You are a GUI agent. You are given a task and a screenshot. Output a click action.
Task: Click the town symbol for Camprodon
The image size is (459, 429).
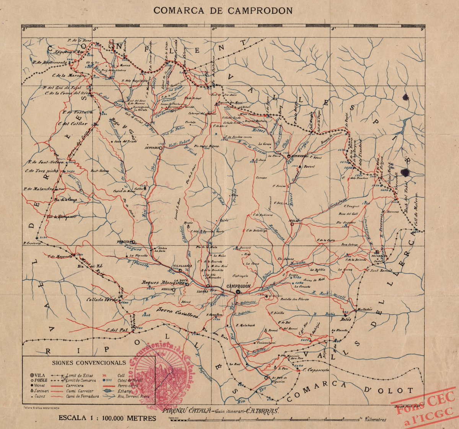point(238,292)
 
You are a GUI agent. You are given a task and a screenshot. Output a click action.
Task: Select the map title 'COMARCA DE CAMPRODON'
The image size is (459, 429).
point(223,10)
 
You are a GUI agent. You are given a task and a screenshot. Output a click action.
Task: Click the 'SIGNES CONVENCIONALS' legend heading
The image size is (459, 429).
point(88,362)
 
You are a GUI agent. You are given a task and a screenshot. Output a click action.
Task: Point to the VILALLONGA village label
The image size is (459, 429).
point(182,265)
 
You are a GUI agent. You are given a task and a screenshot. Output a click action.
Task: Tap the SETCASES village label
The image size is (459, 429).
point(151,147)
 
